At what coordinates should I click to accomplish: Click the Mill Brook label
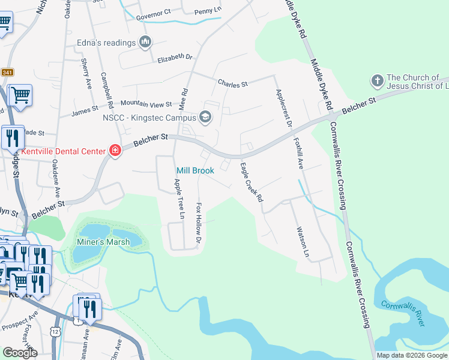tap(195, 171)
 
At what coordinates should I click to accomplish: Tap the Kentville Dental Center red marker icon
tap(115, 151)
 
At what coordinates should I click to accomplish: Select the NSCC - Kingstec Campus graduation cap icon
tap(206, 117)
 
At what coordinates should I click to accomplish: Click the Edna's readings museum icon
tap(145, 42)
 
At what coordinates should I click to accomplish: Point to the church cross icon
tap(377, 80)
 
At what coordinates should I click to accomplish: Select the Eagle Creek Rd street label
tap(252, 182)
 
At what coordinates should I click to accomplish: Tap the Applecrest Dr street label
tap(283, 108)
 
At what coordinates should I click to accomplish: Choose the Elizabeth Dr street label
tap(175, 58)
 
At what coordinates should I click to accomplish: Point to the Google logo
tap(20, 353)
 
